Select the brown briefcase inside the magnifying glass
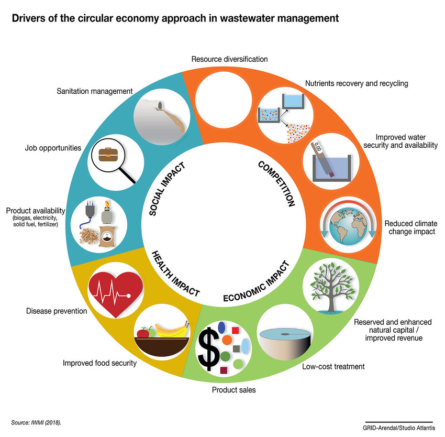[110, 156]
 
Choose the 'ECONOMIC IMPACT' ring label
[255, 281]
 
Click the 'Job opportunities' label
[53, 148]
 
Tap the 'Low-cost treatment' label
[333, 366]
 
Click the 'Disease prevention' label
[57, 311]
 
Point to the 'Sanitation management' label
[94, 92]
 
